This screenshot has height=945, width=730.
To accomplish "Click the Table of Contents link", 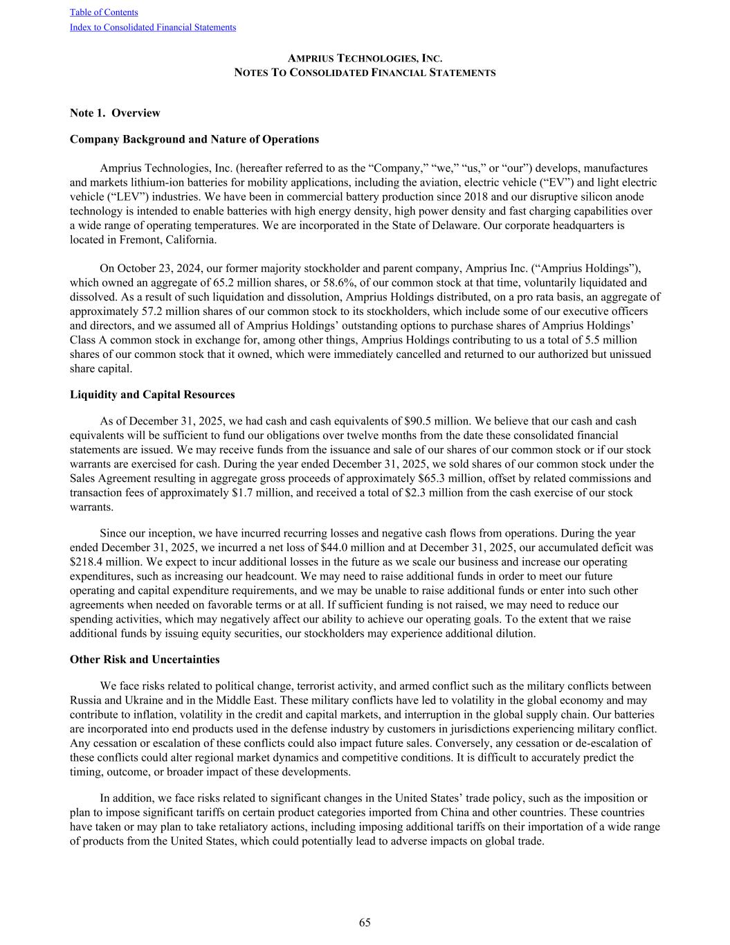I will coord(104,12).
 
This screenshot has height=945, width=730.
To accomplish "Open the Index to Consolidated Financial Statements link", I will coord(153,28).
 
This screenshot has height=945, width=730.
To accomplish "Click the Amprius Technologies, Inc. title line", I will coord(365,59).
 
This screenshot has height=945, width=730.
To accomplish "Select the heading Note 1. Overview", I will coord(115,113).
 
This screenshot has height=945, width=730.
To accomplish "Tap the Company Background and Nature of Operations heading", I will coord(194,139).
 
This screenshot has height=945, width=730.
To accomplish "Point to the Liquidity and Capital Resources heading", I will coord(152,395).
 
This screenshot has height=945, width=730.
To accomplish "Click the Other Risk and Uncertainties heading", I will coord(145,659).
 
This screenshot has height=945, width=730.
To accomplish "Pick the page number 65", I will coord(365,922).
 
